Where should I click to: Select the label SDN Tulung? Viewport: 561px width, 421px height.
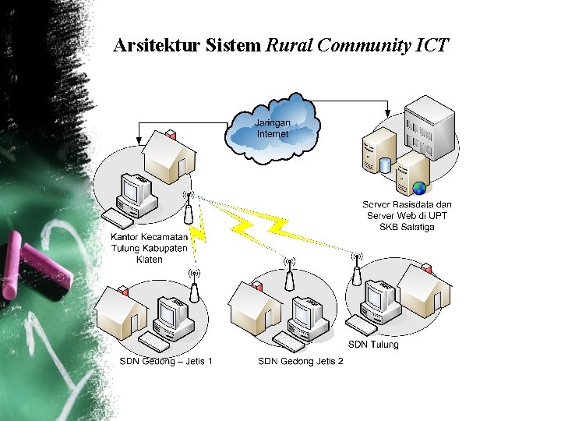(x=372, y=345)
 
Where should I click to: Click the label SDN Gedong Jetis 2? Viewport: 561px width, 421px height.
(x=301, y=361)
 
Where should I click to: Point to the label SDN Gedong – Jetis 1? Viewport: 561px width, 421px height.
(x=166, y=361)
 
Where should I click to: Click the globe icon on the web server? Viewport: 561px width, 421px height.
(x=420, y=188)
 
